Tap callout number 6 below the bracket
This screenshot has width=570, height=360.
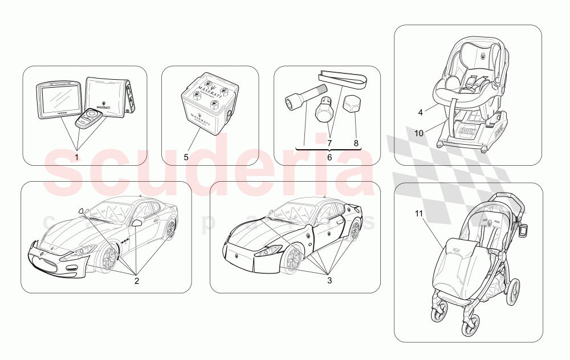tap(328, 157)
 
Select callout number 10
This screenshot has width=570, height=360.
tap(419, 133)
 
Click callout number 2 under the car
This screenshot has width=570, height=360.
tap(136, 280)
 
